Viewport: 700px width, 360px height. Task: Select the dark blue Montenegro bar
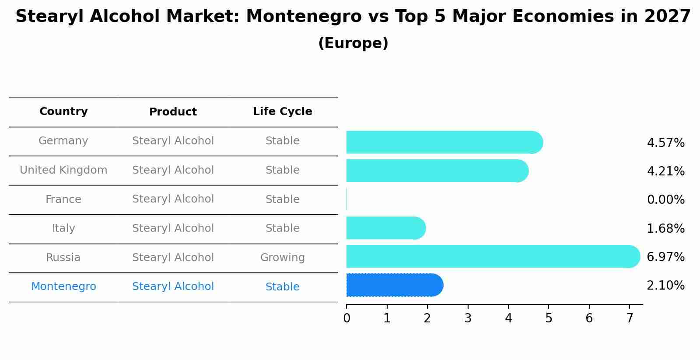tap(394, 285)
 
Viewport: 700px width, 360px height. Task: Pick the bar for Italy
tap(385, 228)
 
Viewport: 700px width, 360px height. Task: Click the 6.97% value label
tap(665, 257)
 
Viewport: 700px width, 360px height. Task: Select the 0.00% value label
tap(665, 200)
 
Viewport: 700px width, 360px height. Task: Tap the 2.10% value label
tap(665, 286)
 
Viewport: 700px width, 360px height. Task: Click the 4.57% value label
tap(665, 143)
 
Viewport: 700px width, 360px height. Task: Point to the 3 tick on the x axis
tap(468, 318)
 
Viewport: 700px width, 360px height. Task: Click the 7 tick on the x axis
tap(630, 318)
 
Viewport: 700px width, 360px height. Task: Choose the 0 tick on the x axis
tap(346, 318)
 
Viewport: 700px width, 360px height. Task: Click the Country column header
tap(63, 112)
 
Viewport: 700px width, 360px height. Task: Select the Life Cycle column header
tap(282, 112)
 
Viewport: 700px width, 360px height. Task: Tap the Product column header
tap(173, 112)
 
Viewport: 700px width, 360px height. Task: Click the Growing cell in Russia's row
tap(282, 258)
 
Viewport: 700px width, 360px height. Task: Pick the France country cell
tap(63, 199)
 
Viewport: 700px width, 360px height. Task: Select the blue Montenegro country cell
tap(63, 287)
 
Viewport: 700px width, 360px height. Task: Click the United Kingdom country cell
tap(63, 170)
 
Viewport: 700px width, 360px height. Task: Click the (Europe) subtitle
tap(353, 43)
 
